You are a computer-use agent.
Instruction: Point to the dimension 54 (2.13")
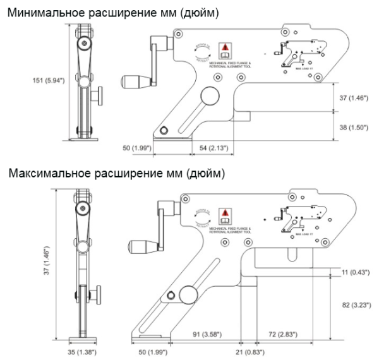click(x=212, y=148)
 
